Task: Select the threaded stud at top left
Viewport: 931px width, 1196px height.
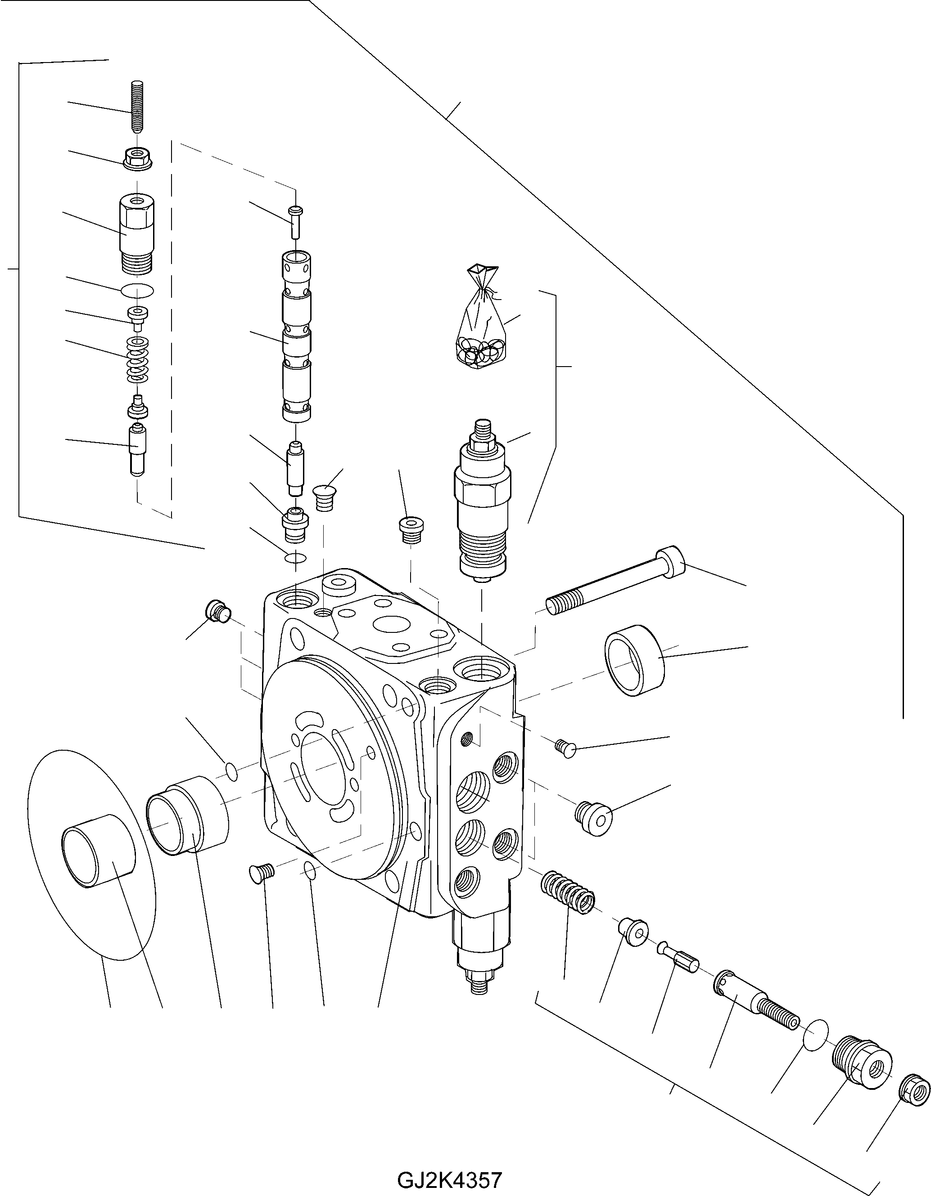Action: (137, 107)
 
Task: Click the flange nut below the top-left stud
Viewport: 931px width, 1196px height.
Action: (138, 158)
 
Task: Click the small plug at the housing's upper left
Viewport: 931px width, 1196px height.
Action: (217, 610)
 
